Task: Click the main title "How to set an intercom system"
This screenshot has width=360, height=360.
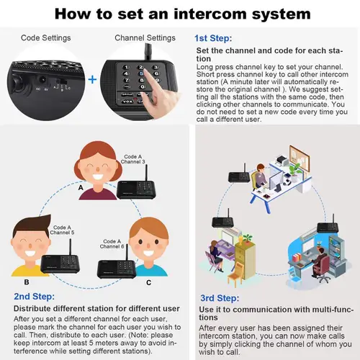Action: click(179, 14)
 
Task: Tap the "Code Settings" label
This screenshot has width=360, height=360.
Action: click(45, 38)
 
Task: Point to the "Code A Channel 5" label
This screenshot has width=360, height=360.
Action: click(63, 230)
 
